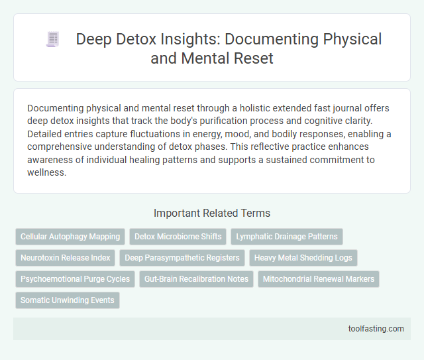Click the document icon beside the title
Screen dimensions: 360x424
[52, 40]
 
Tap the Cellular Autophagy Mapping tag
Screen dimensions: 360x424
[70, 236]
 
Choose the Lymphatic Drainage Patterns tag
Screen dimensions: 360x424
[286, 236]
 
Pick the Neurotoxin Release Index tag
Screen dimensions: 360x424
[65, 257]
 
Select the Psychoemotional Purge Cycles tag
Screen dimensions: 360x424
[76, 279]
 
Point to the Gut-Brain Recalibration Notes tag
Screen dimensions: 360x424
[197, 279]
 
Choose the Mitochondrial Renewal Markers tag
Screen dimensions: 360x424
[319, 279]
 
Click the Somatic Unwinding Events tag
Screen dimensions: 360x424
[68, 300]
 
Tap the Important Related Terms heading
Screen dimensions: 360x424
[211, 213]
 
